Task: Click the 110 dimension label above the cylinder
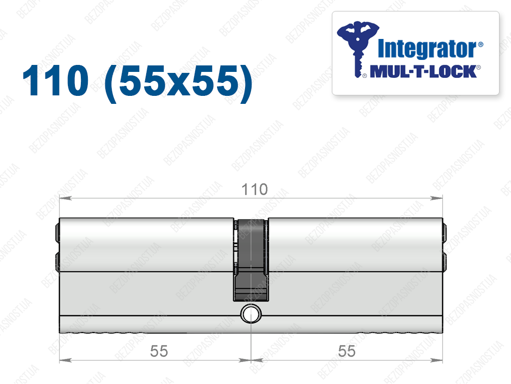pyautogui.click(x=255, y=189)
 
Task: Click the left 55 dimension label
pyautogui.click(x=159, y=351)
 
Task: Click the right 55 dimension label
pyautogui.click(x=347, y=351)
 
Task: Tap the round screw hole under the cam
pyautogui.click(x=251, y=314)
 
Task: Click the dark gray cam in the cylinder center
pyautogui.click(x=251, y=260)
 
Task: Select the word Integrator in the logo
pyautogui.click(x=427, y=49)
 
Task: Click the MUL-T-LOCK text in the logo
pyautogui.click(x=423, y=72)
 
